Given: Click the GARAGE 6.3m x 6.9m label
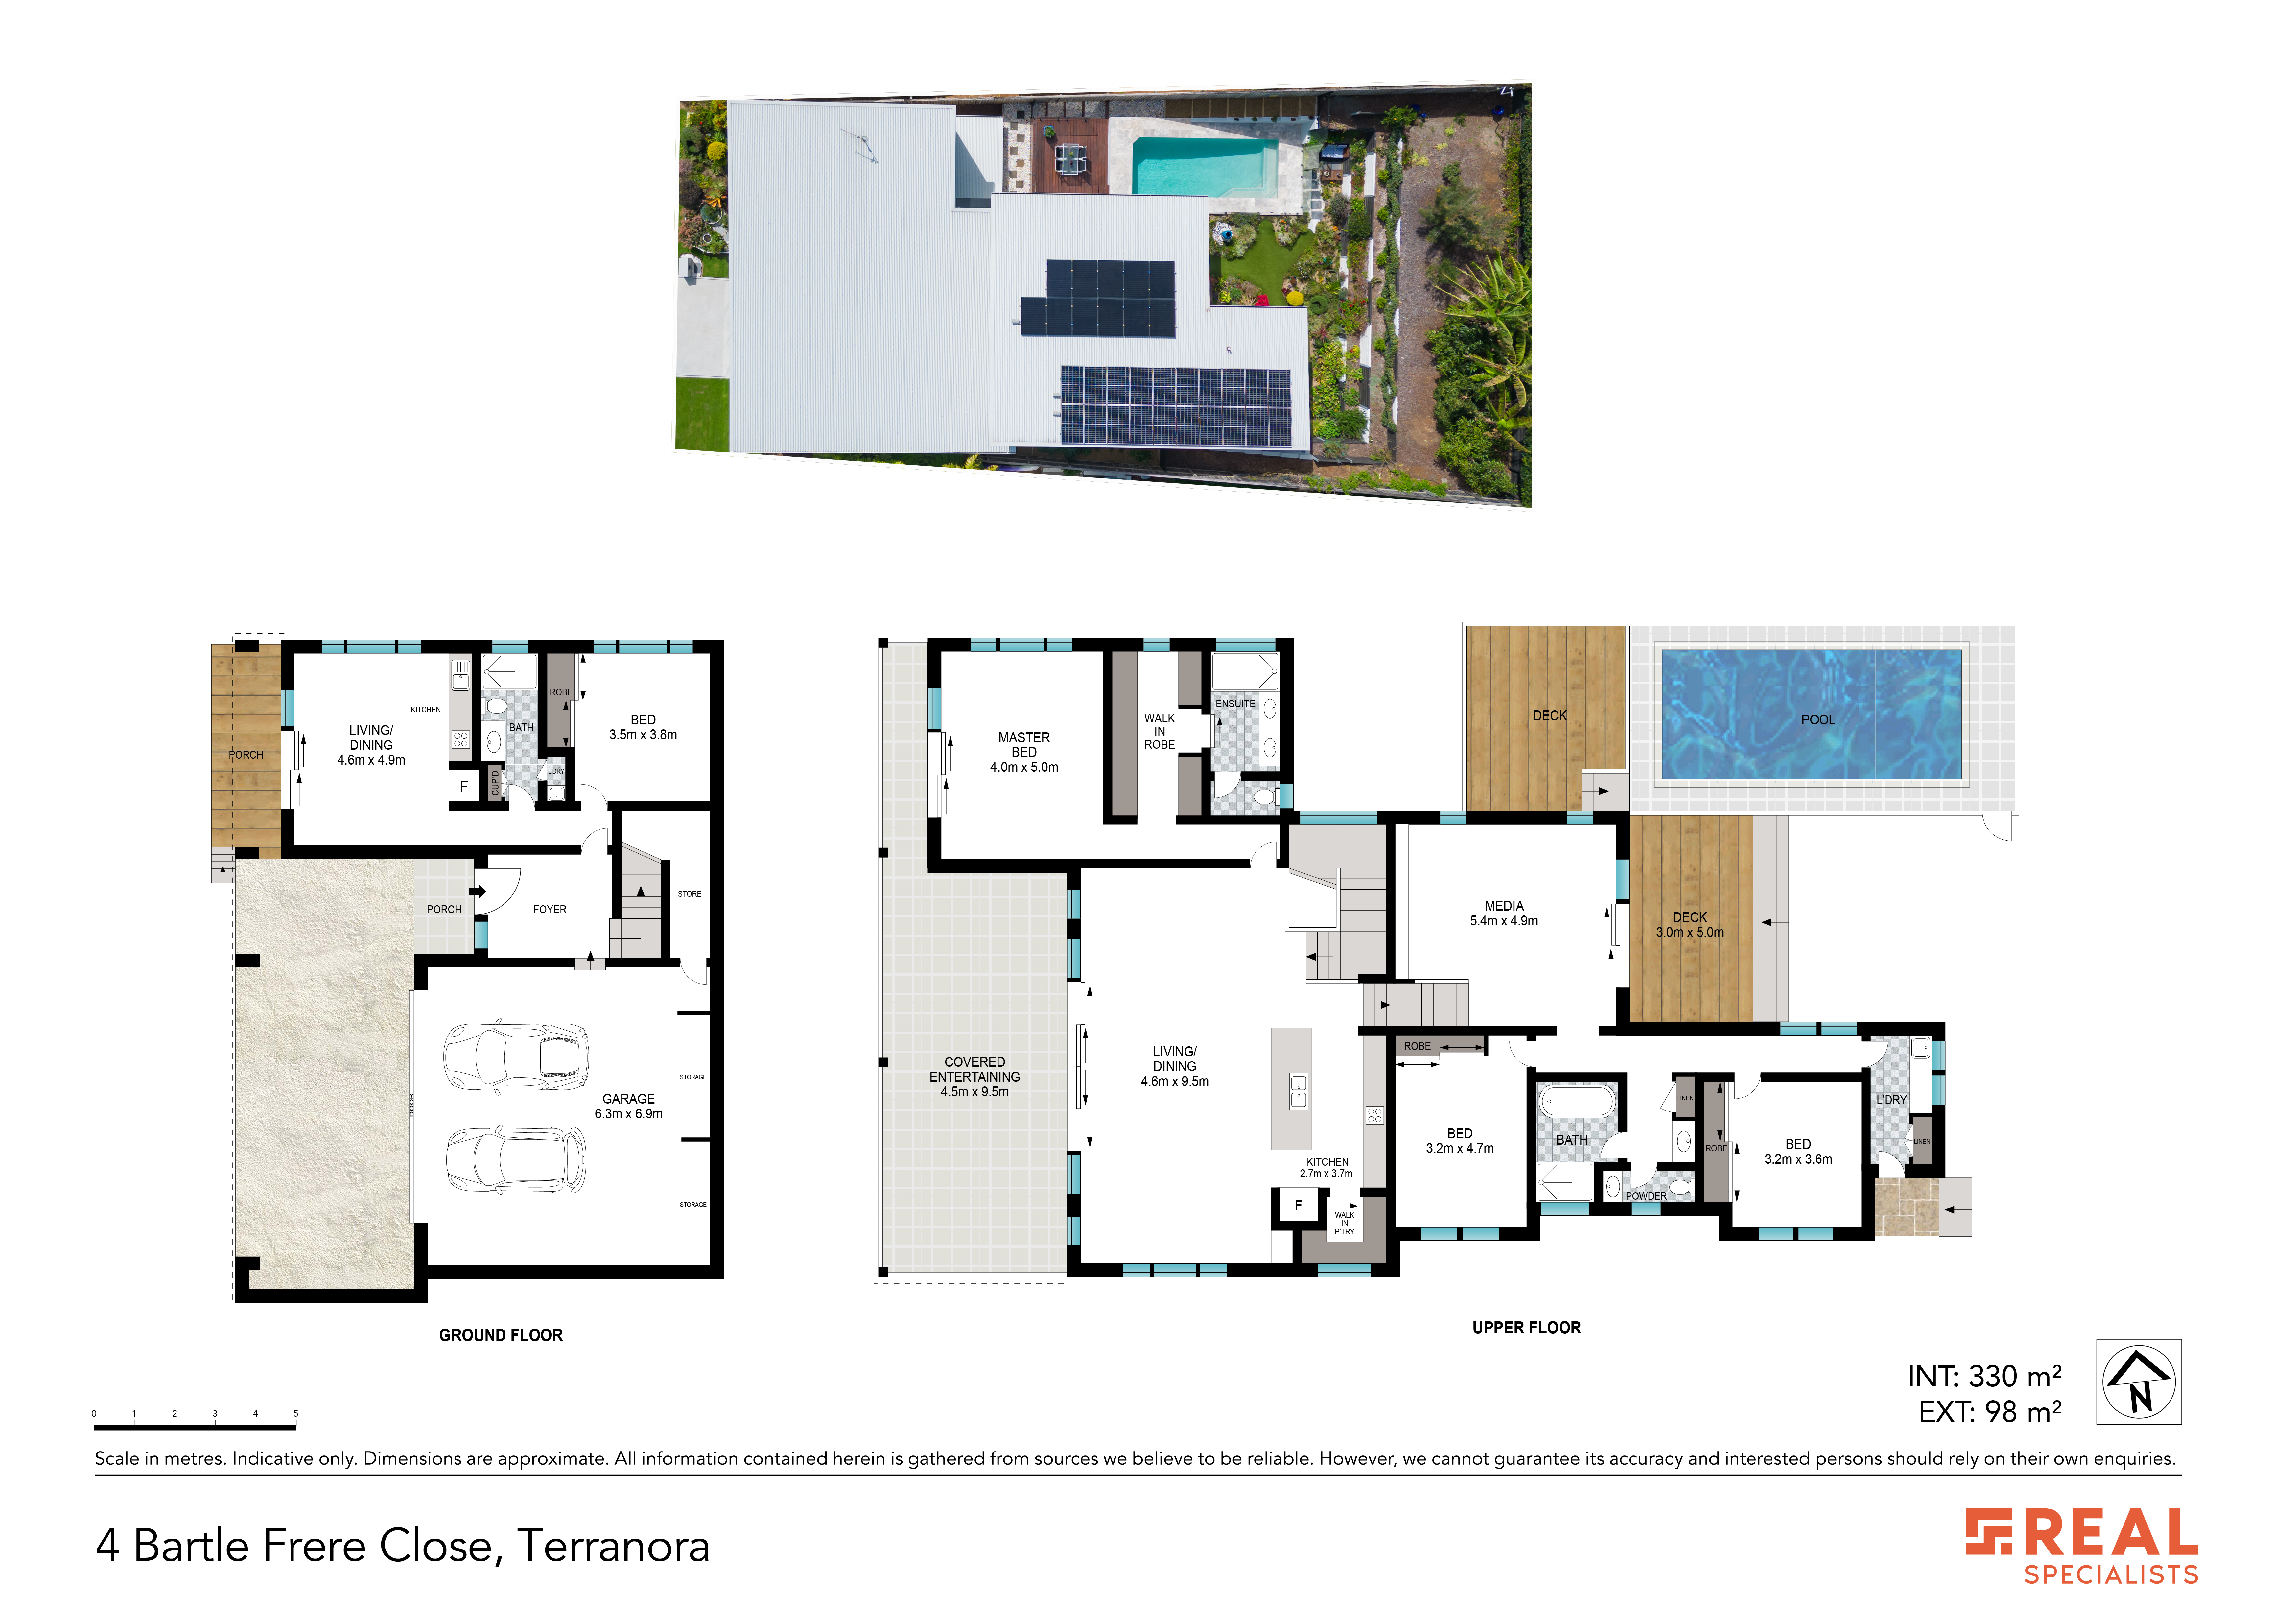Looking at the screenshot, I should [629, 1106].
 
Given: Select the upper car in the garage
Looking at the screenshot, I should [516, 1058].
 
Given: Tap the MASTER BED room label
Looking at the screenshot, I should [1023, 752].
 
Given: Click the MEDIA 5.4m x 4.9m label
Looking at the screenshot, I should [1503, 913].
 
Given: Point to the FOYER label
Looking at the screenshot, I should [550, 909].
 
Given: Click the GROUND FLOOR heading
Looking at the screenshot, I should [501, 1335].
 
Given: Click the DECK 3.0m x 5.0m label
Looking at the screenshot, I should [1690, 924].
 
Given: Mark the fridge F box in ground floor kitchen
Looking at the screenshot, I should [463, 787].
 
